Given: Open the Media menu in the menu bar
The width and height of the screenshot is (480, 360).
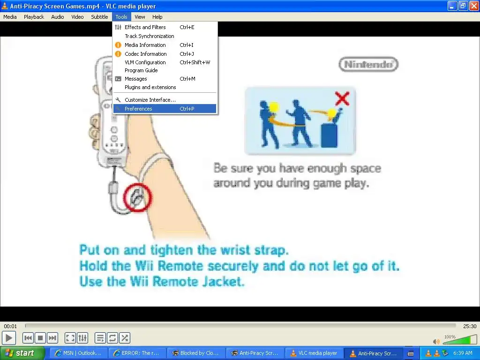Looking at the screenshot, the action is click(10, 17).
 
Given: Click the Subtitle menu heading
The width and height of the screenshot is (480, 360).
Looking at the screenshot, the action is click(99, 17).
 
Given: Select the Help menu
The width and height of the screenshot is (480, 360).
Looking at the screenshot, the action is click(157, 17).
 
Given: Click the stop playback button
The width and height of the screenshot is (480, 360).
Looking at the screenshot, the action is click(40, 338).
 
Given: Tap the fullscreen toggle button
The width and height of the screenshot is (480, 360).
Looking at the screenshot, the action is click(70, 338).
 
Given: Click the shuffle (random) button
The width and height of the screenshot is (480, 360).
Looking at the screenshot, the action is click(125, 338).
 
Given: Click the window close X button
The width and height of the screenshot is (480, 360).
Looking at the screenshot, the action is click(474, 6).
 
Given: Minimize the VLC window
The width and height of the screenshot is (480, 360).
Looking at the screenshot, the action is click(452, 6).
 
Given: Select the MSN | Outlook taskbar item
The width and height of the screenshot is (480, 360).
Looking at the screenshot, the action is click(79, 353).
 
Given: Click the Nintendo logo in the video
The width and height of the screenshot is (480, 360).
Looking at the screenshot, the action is click(368, 64).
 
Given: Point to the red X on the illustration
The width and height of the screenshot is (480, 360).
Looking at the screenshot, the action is click(342, 98).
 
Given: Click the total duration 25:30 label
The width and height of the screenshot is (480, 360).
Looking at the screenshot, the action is click(470, 326).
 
